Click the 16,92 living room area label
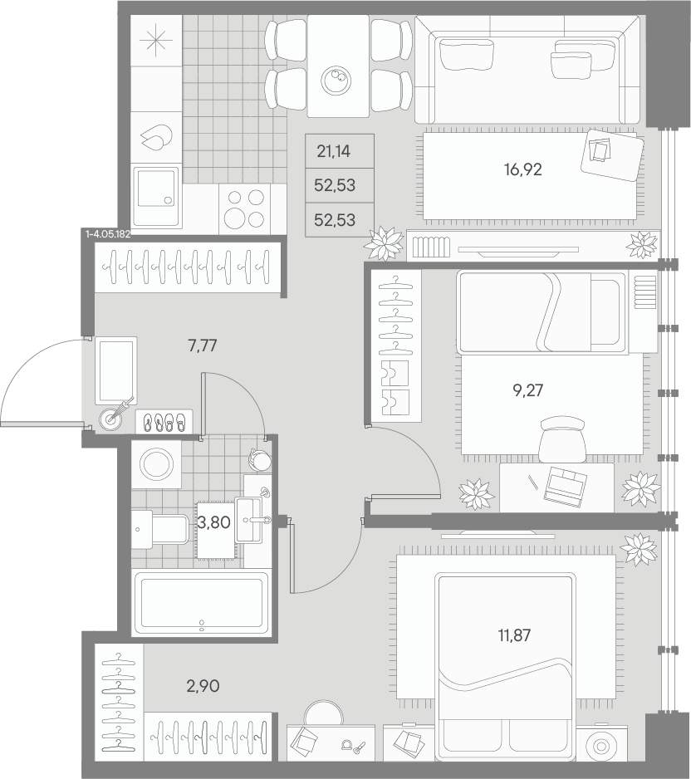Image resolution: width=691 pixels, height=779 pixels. [x=522, y=170]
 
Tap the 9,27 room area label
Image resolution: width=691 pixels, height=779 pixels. [x=527, y=390]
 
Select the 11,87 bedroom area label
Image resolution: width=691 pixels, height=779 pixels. [x=514, y=634]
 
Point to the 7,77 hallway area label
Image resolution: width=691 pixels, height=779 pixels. [x=203, y=345]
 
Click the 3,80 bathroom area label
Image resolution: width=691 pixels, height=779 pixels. [x=213, y=522]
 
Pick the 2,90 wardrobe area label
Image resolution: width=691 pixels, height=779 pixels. [x=203, y=686]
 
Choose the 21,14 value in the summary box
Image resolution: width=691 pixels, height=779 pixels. [x=333, y=151]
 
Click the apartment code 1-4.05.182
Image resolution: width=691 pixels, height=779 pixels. [x=108, y=234]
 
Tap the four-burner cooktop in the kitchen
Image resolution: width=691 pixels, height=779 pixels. [x=244, y=208]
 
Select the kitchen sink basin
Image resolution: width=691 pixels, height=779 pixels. [x=156, y=190]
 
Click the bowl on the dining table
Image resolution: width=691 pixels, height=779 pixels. [x=336, y=80]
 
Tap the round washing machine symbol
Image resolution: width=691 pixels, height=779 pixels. [x=156, y=464]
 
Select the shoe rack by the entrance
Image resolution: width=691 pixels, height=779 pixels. [x=164, y=421]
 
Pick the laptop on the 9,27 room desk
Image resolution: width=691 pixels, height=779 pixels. [x=566, y=486]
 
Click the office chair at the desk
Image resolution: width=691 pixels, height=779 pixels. [x=562, y=439]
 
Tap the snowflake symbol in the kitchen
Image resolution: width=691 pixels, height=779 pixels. [x=156, y=40]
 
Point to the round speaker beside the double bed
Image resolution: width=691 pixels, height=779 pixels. [x=601, y=747]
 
